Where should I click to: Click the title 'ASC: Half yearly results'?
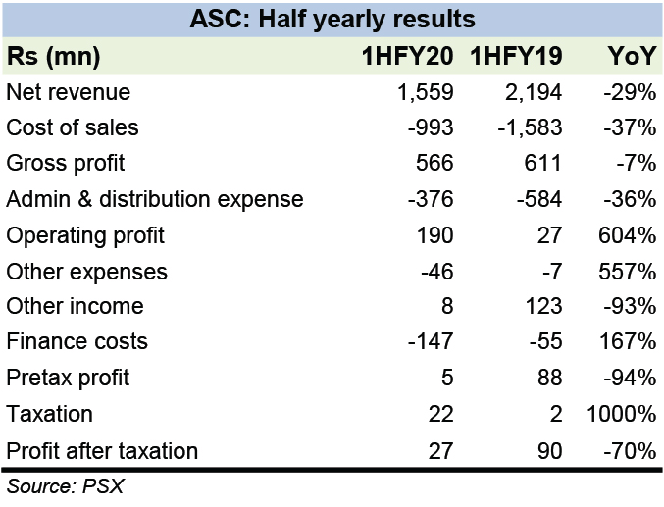332,19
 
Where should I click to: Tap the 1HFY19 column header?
516,57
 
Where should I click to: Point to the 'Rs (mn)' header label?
53,57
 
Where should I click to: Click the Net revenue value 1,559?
424,93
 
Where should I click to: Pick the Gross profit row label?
66,163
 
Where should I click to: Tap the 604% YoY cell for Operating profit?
630,235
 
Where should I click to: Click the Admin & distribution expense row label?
155,199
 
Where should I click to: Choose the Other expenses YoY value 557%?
630,271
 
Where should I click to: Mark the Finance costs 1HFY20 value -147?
431,342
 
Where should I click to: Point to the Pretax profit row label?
68,379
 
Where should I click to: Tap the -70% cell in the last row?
630,451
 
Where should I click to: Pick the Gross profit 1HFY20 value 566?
434,163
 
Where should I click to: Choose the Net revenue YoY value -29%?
630,93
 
